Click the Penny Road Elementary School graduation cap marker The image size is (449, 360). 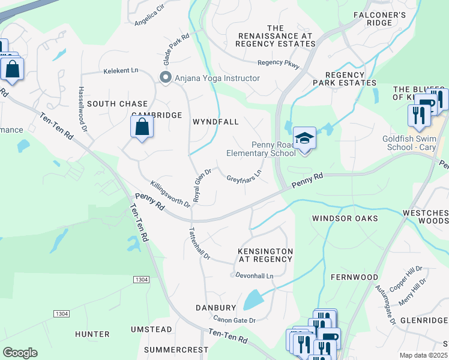click(x=304, y=139)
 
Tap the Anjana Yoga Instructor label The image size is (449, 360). click(x=217, y=78)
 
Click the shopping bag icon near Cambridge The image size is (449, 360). click(x=141, y=127)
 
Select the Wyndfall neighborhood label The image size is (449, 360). click(x=215, y=122)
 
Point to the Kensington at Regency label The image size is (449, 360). click(x=265, y=255)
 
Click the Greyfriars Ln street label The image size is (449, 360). click(x=244, y=176)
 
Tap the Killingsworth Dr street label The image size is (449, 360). click(x=170, y=195)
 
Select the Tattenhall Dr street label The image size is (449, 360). click(x=200, y=243)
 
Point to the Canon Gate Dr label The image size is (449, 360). click(x=235, y=320)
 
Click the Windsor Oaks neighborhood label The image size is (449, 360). click(x=345, y=218)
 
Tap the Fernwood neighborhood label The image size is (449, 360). click(x=354, y=277)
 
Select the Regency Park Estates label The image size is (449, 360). click(x=344, y=77)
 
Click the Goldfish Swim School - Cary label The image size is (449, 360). click(x=414, y=143)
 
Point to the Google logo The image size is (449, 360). click(x=20, y=353)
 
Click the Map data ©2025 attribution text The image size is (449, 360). click(x=423, y=355)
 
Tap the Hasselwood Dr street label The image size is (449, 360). click(x=82, y=108)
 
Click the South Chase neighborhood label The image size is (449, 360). click(x=117, y=104)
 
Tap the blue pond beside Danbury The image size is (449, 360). click(x=253, y=299)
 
